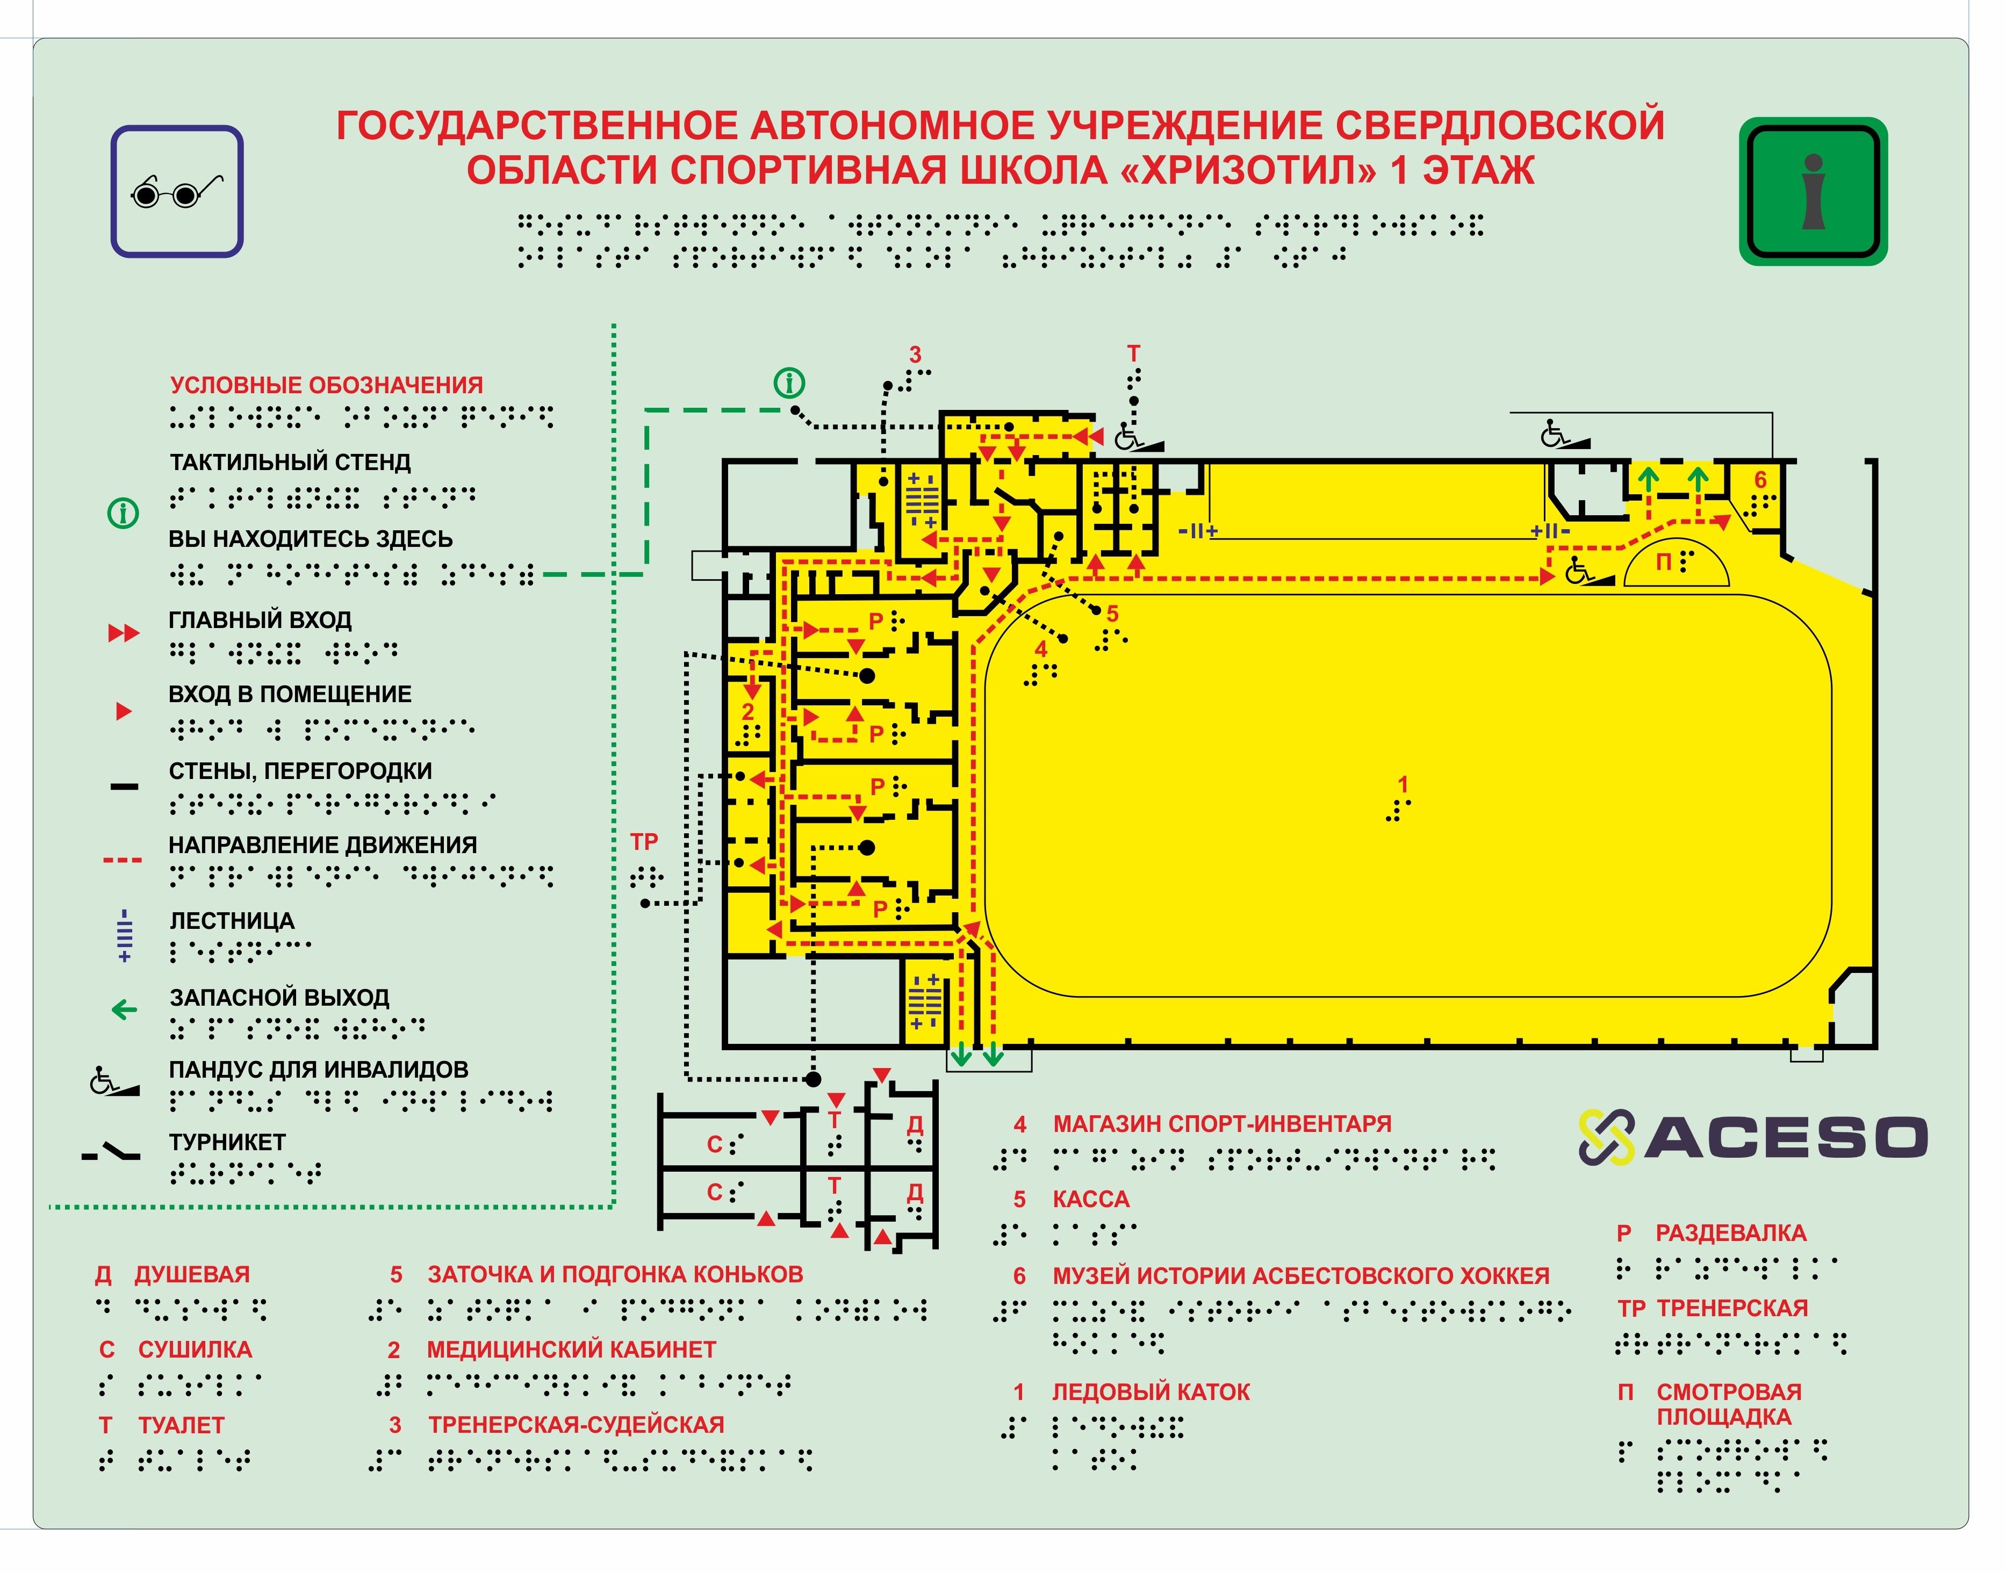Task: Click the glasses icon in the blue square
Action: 177,192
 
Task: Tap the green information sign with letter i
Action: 1813,192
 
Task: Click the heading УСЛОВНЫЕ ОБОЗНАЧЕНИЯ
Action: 326,385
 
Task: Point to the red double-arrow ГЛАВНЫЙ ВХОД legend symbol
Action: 124,633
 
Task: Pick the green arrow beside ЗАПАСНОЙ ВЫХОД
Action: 124,1011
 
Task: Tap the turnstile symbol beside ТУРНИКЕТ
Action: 111,1152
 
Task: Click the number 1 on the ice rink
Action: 1403,785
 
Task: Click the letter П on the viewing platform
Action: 1663,562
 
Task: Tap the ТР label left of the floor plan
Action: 644,842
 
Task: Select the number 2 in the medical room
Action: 748,711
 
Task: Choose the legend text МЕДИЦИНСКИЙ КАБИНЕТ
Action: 571,1350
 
